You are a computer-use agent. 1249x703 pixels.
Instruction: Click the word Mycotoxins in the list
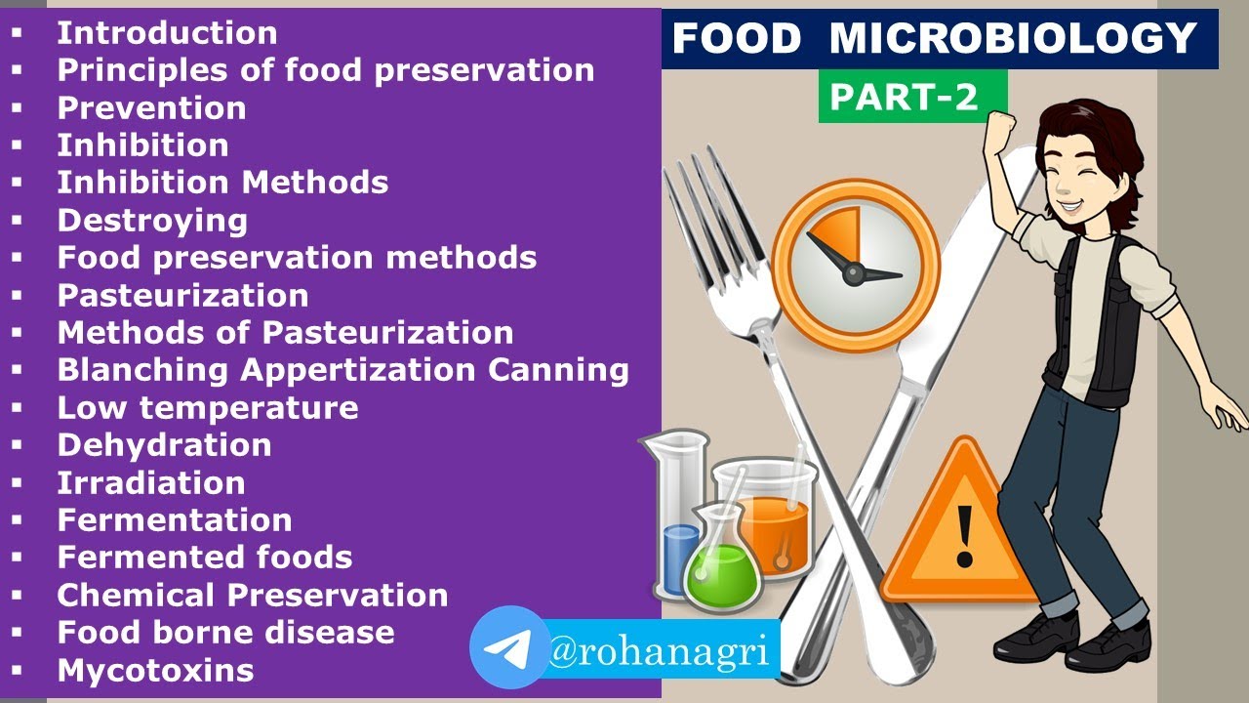(155, 671)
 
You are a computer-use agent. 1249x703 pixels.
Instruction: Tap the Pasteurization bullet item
(182, 295)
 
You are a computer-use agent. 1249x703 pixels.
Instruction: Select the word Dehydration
(164, 445)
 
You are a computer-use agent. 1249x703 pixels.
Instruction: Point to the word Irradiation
(150, 482)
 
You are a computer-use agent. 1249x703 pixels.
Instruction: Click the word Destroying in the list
(152, 220)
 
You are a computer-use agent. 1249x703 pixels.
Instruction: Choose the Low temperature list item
(207, 407)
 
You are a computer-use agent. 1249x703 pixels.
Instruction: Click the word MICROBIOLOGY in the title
(1013, 39)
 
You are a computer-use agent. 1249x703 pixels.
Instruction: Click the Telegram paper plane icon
(508, 647)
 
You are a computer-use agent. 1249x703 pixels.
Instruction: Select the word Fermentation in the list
(174, 520)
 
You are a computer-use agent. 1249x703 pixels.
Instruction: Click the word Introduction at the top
(167, 32)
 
